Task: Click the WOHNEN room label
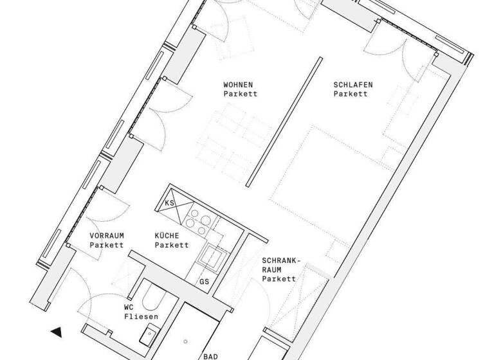coord(237,84)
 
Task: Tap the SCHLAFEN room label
coord(352,84)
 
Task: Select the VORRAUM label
coord(106,235)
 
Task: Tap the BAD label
coord(210,355)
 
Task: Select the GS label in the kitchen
coord(205,282)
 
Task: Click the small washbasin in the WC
coord(152,333)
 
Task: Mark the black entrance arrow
coord(57,332)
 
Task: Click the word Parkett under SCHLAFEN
coord(351,94)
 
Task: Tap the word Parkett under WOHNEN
coord(241,94)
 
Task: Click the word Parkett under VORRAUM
coord(106,245)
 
